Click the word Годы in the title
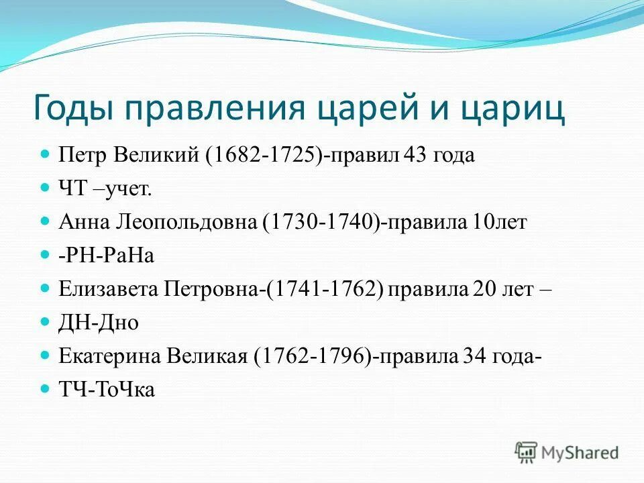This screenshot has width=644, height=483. coord(76,109)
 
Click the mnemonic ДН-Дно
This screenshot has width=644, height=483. coord(99,323)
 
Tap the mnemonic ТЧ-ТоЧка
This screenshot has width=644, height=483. coord(107,390)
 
